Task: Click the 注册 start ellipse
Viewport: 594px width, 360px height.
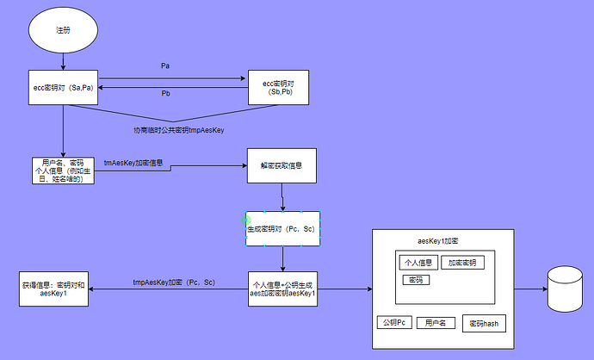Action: pyautogui.click(x=63, y=30)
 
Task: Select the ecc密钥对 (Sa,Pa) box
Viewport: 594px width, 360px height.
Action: pyautogui.click(x=63, y=87)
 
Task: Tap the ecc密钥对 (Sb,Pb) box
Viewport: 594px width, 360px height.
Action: pyautogui.click(x=278, y=87)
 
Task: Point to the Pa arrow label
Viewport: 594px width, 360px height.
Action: pyautogui.click(x=165, y=66)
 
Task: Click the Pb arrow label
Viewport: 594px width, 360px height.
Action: pyautogui.click(x=165, y=93)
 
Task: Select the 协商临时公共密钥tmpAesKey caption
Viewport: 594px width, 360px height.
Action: pyautogui.click(x=179, y=130)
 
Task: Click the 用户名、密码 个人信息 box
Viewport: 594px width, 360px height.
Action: pyautogui.click(x=63, y=171)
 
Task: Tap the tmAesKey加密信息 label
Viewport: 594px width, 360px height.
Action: pyautogui.click(x=133, y=163)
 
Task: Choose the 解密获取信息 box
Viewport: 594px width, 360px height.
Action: pyautogui.click(x=282, y=165)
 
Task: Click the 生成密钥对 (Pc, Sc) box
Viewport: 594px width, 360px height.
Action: pyautogui.click(x=282, y=229)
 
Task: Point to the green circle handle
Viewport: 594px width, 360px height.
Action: pyautogui.click(x=246, y=220)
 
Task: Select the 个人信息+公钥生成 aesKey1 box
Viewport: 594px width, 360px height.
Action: pyautogui.click(x=282, y=289)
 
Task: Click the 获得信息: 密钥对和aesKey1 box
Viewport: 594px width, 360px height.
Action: pyautogui.click(x=53, y=289)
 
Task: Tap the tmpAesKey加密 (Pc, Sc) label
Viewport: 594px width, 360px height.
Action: pyautogui.click(x=174, y=282)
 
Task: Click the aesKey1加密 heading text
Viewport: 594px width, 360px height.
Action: pyautogui.click(x=438, y=241)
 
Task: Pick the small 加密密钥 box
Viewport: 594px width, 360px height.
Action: pyautogui.click(x=462, y=263)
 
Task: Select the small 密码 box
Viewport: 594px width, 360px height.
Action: pyautogui.click(x=416, y=280)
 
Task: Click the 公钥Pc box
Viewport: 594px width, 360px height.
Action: pyautogui.click(x=394, y=322)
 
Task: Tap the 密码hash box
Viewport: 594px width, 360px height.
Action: pyautogui.click(x=484, y=323)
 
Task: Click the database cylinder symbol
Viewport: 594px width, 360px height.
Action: pyautogui.click(x=565, y=289)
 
